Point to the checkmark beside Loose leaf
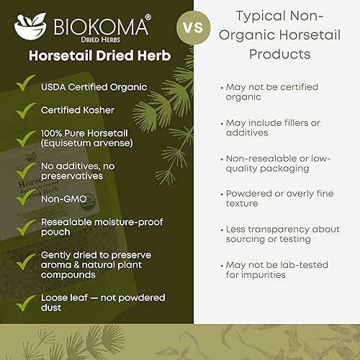(x=28, y=300)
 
